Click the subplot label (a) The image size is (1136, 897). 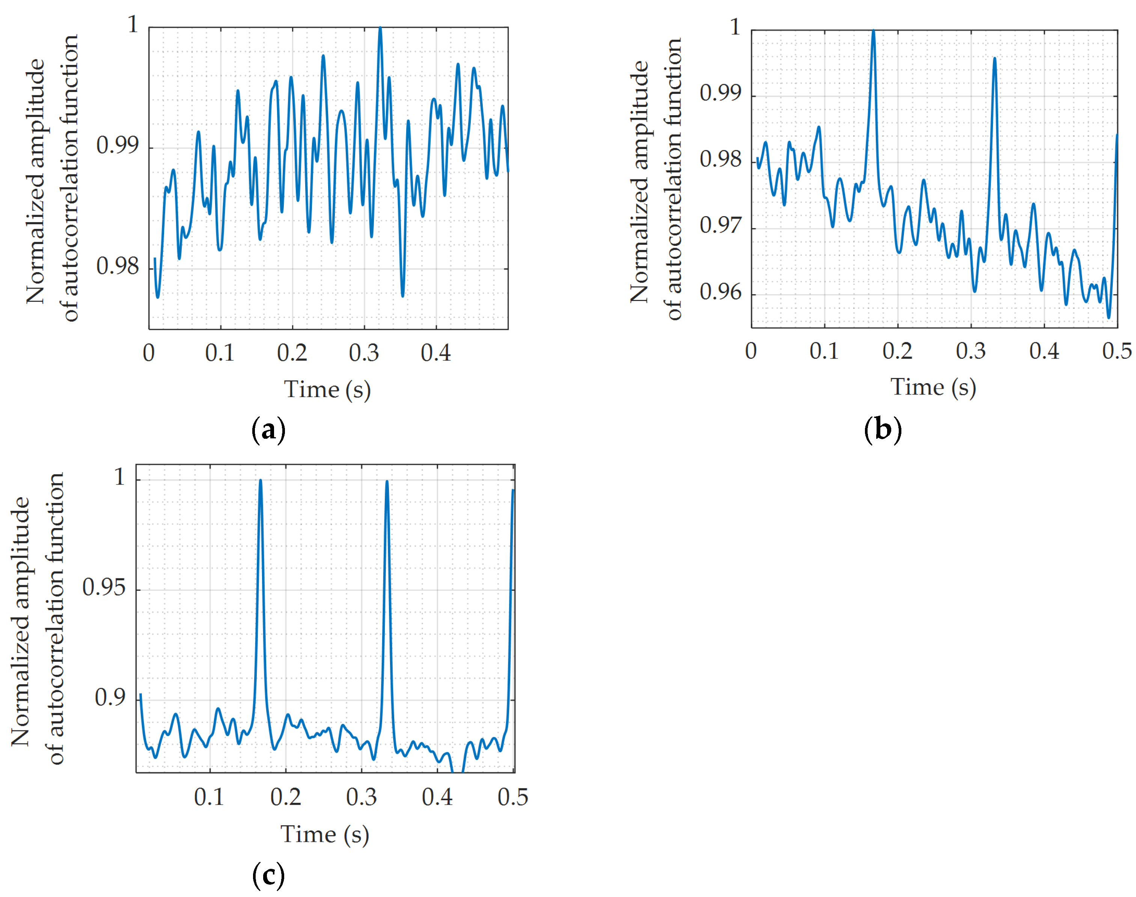click(268, 430)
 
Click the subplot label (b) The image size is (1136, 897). click(882, 430)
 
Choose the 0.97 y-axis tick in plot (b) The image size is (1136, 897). click(720, 226)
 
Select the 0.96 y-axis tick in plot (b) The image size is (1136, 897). click(720, 292)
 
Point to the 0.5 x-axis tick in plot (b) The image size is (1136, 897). click(1116, 351)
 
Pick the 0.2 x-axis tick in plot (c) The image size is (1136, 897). click(285, 797)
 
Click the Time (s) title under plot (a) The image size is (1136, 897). click(327, 390)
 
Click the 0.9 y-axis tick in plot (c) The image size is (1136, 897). click(110, 697)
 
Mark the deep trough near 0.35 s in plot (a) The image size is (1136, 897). click(403, 295)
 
